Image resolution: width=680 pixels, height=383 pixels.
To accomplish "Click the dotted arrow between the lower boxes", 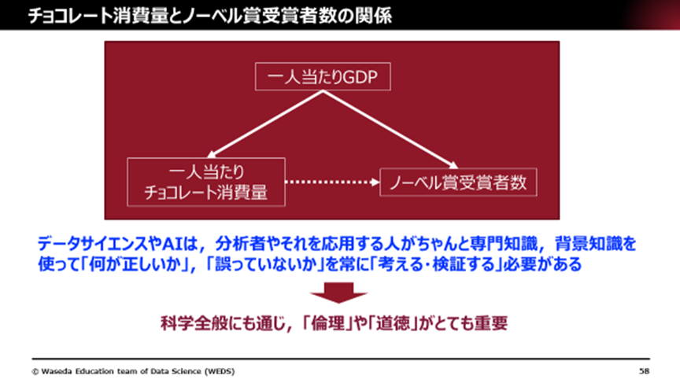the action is tap(332, 182).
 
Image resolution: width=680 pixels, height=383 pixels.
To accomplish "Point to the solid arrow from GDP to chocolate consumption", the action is tap(264, 124).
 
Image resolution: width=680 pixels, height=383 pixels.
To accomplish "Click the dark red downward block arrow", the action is tap(338, 293).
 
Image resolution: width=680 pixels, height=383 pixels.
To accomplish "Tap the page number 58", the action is tap(644, 371).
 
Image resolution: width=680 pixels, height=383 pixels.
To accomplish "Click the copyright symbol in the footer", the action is tap(35, 371).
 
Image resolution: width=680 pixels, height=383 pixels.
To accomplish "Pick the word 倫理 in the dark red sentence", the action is tap(328, 323).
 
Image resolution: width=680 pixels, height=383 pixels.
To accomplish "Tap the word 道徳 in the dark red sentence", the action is tap(393, 323).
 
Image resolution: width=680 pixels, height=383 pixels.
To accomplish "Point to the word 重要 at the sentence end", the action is tap(491, 323).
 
